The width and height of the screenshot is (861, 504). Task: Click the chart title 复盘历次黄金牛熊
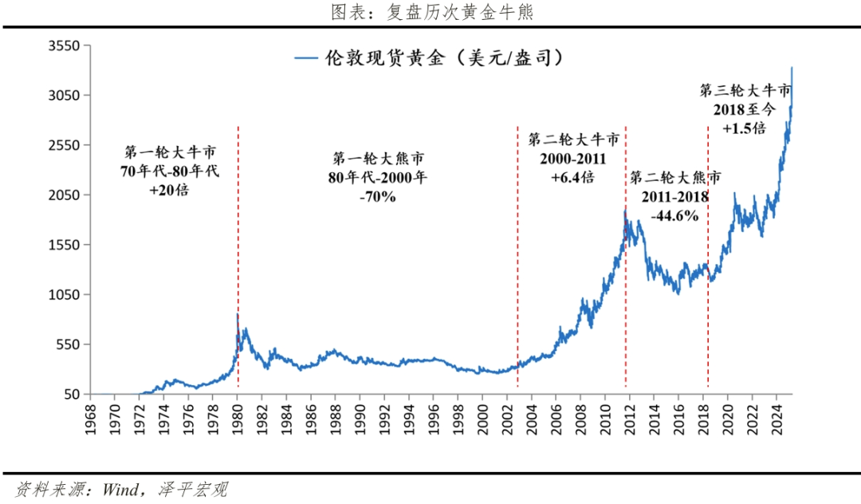coord(431,12)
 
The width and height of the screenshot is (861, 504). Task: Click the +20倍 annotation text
coord(170,191)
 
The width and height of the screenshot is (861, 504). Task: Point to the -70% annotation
coord(379,196)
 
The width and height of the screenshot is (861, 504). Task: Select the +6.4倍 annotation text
coord(572,177)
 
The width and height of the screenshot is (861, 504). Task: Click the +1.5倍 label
coord(745,128)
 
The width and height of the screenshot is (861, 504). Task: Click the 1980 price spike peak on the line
coord(238,315)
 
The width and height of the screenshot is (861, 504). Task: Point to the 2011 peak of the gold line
coord(625,211)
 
